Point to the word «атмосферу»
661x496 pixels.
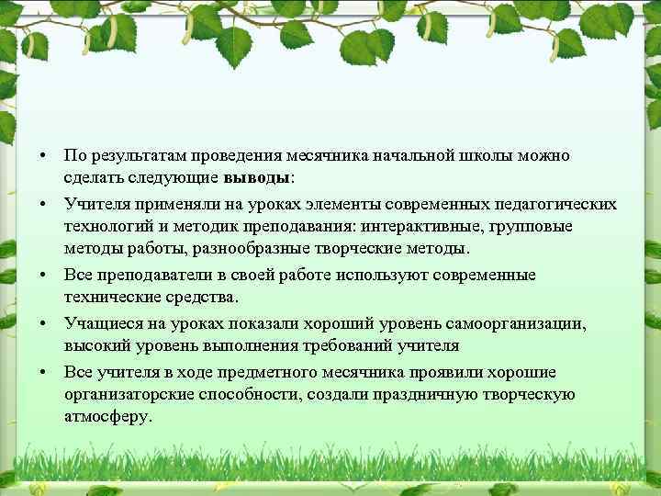107,417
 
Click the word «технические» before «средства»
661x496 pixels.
109,298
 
